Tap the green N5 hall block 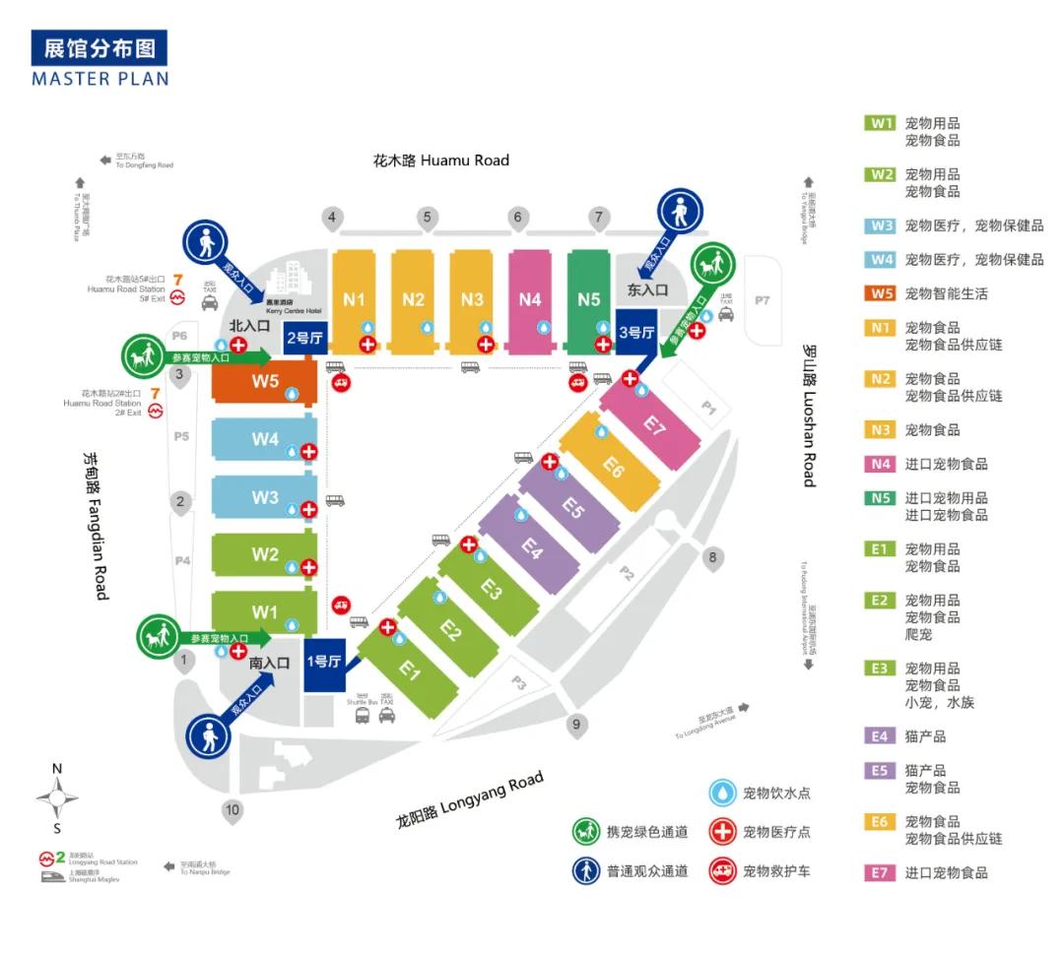click(589, 299)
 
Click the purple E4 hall click(533, 548)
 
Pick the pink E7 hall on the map click(655, 424)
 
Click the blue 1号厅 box click(324, 663)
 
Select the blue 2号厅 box click(304, 338)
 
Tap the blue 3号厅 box click(635, 333)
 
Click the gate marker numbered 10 click(232, 812)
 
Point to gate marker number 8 click(712, 558)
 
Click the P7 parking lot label click(762, 299)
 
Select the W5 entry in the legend click(881, 293)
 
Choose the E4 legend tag click(881, 735)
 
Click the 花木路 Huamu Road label click(440, 159)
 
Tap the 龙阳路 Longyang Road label click(470, 799)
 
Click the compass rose click(57, 793)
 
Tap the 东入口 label click(647, 290)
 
